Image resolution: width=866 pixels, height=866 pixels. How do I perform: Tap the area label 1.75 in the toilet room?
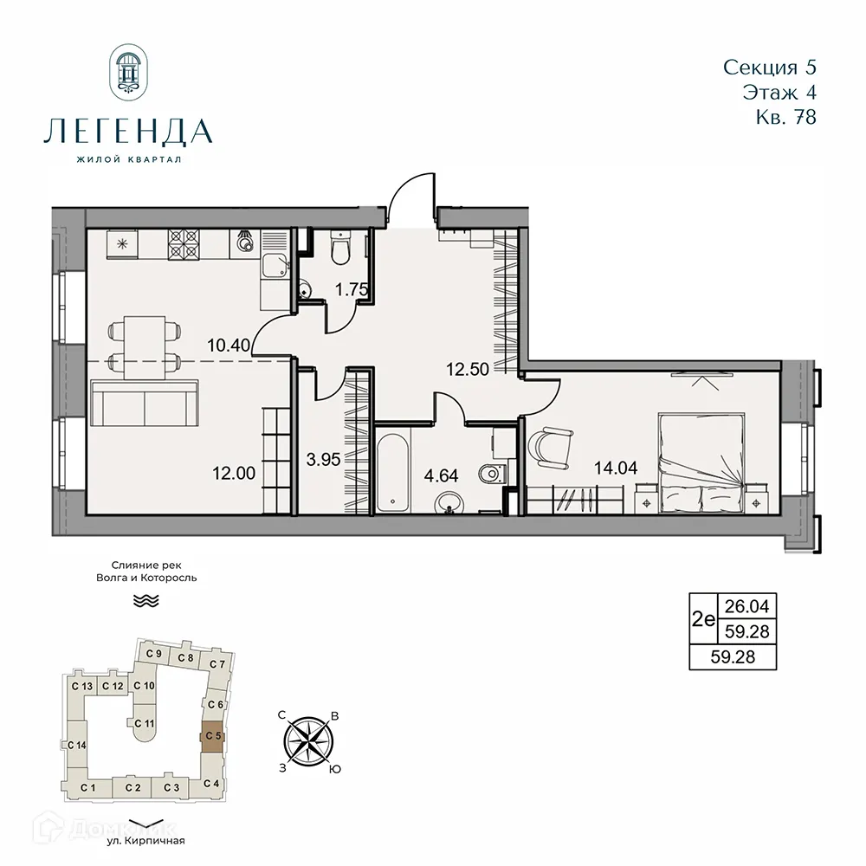tap(352, 290)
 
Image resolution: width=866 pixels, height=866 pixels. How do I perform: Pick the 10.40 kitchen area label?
tap(229, 345)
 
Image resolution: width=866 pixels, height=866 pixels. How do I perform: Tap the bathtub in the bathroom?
tap(392, 473)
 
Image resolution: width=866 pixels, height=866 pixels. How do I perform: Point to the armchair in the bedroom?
tap(550, 447)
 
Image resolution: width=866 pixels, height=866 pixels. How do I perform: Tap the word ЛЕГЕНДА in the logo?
tap(127, 132)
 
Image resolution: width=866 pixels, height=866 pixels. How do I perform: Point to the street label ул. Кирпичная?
tap(146, 840)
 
